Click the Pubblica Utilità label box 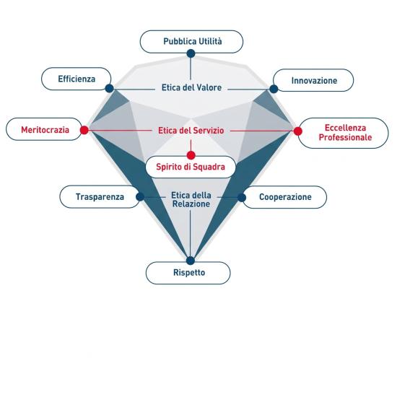coord(191,42)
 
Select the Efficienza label coord(77,79)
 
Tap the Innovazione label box coord(313,80)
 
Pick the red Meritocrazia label coord(44,129)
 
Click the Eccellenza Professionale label coord(343,133)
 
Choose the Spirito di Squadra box coord(191,167)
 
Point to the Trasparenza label coord(100,197)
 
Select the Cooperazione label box coord(284,197)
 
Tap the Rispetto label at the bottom coord(188,273)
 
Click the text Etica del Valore coord(191,87)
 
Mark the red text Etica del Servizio coord(191,131)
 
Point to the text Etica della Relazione coord(191,199)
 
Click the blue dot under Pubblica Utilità coord(191,53)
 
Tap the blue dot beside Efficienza coord(110,88)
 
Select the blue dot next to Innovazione coord(274,89)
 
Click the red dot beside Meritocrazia coord(84,130)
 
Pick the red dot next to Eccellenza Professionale coord(298,131)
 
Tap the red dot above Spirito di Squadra coord(191,155)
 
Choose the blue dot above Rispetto coord(191,261)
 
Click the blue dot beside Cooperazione coord(242,198)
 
